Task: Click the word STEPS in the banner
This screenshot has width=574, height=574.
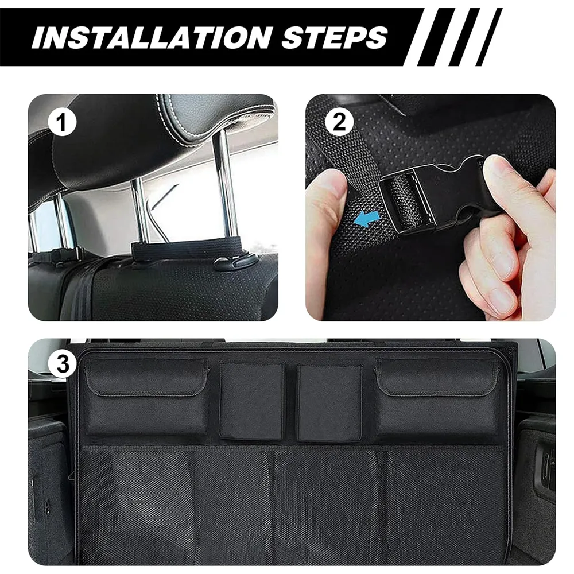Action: pos(335,37)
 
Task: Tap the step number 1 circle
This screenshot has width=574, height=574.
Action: pos(62,122)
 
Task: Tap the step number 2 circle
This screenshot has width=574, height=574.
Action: pos(339,122)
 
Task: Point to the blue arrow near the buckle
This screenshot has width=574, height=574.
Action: pos(368,218)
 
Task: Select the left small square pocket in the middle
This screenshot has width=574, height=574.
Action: pos(252,401)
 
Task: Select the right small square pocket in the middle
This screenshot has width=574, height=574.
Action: pos(329,402)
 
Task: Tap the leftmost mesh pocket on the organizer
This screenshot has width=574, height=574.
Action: pos(136,507)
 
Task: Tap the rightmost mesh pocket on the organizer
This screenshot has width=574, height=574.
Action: pos(446,507)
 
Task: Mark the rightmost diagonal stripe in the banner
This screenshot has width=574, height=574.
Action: pos(489,37)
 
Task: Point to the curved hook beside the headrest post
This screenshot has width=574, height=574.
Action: pos(234,263)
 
